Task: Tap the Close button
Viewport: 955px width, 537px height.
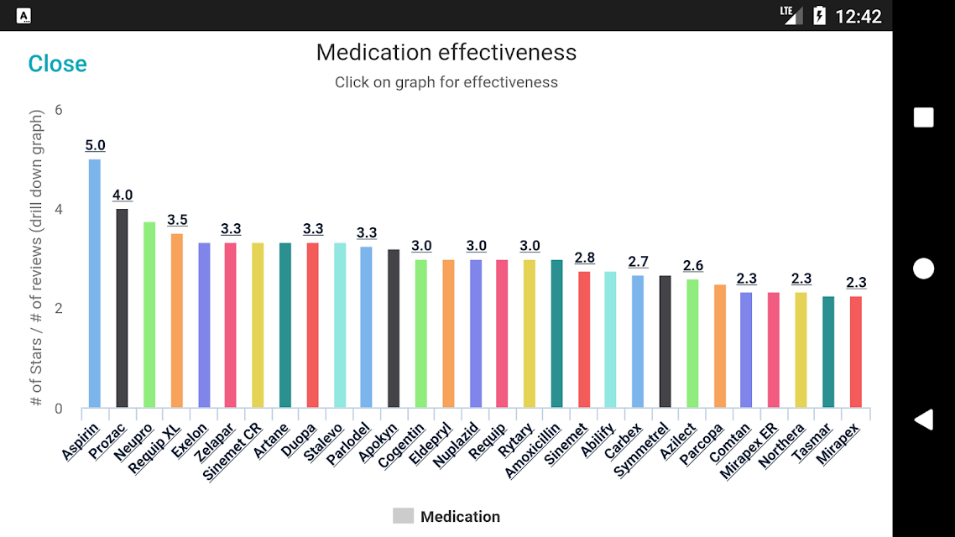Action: (57, 64)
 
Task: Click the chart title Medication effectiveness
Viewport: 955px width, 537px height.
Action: (446, 52)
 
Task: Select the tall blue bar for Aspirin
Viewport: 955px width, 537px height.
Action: (94, 283)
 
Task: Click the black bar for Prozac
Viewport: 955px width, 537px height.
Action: (122, 308)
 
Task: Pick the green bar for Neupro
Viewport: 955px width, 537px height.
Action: (149, 315)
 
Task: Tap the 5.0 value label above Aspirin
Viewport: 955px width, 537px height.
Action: (95, 145)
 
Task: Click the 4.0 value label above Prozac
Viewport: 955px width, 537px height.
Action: (123, 195)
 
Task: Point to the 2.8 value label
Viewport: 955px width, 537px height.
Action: (585, 258)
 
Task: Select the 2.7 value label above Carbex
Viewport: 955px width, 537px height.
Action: (639, 262)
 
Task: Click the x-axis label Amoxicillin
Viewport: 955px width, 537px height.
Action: (532, 451)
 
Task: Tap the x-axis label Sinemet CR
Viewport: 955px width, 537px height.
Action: (232, 451)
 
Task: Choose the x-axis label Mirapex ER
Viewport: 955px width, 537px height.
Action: (749, 451)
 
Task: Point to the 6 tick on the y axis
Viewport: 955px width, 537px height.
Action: (59, 110)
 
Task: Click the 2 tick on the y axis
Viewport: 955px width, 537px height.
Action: (59, 308)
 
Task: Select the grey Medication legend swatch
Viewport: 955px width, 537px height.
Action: (403, 516)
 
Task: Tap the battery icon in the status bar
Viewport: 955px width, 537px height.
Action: (820, 15)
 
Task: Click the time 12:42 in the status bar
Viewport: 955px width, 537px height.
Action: (858, 17)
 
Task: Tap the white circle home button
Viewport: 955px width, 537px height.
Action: (923, 268)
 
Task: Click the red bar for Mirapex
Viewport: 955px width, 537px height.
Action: (856, 352)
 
